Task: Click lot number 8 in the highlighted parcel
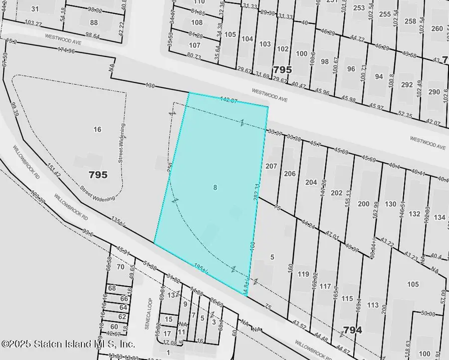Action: click(x=215, y=188)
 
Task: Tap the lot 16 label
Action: click(x=97, y=129)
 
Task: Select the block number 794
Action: click(x=352, y=330)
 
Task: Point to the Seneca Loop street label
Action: click(x=149, y=312)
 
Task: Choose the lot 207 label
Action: click(x=271, y=166)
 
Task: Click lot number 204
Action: click(x=311, y=182)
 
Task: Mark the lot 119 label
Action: click(x=303, y=274)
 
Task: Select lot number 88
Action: click(x=94, y=22)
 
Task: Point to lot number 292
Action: click(x=407, y=85)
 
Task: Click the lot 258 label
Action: click(x=410, y=21)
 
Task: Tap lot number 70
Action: click(x=120, y=267)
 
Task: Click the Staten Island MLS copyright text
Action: click(x=68, y=344)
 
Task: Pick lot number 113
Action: click(x=373, y=305)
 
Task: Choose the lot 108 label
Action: click(x=197, y=22)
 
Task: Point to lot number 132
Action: click(x=415, y=214)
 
